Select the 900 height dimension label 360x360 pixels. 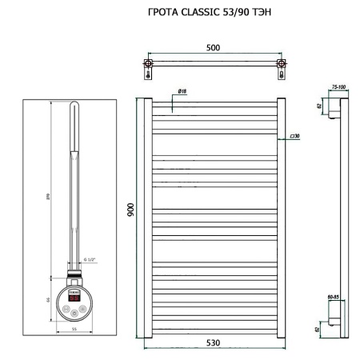pyautogui.click(x=130, y=209)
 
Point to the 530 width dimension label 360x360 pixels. pyautogui.click(x=212, y=342)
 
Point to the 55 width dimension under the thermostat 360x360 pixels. pyautogui.click(x=74, y=329)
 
